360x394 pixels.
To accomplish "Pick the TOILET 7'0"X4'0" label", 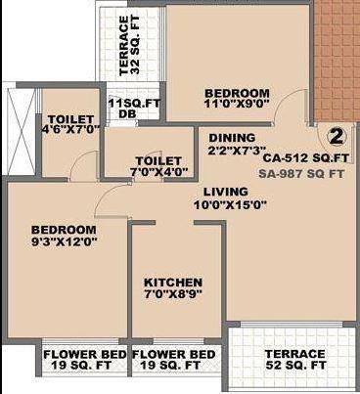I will click(157, 166).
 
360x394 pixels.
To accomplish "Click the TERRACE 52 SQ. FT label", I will click(294, 359).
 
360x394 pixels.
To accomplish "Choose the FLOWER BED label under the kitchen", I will click(173, 359).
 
